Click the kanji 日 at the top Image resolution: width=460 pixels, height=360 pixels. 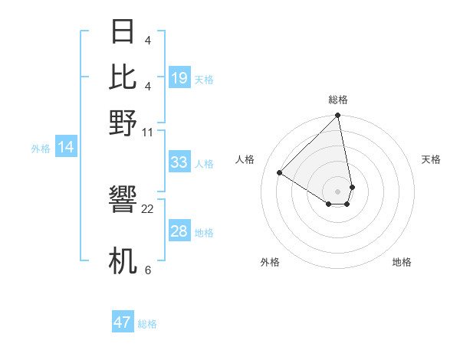[123, 32]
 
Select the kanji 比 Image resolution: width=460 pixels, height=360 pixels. [123, 77]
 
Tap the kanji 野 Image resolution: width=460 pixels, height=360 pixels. [123, 123]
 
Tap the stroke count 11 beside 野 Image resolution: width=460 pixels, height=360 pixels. [148, 133]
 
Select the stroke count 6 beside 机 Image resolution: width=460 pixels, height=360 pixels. [147, 270]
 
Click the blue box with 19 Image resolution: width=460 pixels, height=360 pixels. [179, 77]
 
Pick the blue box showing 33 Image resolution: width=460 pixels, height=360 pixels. [179, 162]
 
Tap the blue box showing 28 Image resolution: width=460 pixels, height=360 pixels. [179, 231]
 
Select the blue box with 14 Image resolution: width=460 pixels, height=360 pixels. [66, 148]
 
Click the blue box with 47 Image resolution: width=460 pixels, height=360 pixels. [123, 322]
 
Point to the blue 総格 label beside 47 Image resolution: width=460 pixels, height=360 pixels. [147, 324]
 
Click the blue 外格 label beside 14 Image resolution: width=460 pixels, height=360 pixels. [40, 149]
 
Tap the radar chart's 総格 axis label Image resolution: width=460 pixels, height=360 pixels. [337, 100]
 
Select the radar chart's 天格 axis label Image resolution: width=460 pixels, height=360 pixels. [431, 159]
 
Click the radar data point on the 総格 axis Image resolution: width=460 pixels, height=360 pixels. [337, 116]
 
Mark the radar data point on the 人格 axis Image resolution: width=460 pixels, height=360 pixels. [280, 173]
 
